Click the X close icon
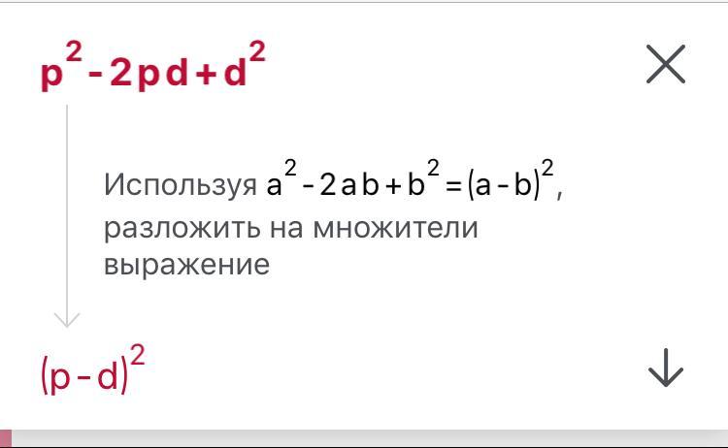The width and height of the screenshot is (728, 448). (666, 64)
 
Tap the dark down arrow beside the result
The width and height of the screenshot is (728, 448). (666, 368)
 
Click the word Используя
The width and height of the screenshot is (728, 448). (181, 185)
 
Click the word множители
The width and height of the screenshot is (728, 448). (396, 228)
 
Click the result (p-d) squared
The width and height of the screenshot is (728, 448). (93, 369)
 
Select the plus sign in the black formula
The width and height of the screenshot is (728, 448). (393, 186)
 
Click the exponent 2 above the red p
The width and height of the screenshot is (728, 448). (74, 51)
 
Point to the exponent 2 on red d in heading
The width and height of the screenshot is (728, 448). (257, 51)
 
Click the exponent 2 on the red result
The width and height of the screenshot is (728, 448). (138, 355)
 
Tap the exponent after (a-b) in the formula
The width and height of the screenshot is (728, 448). (547, 169)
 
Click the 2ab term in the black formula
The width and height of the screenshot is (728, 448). (349, 184)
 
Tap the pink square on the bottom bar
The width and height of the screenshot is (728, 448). (6, 438)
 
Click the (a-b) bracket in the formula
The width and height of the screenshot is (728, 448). (504, 184)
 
